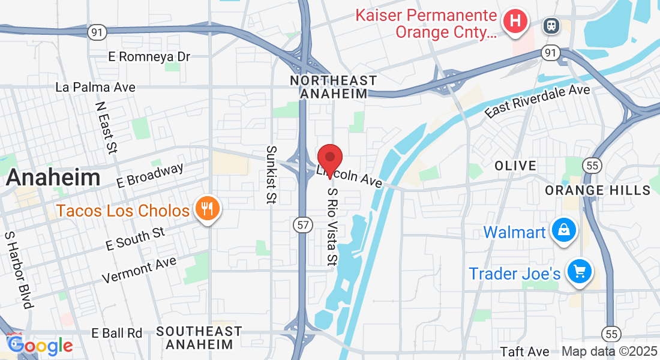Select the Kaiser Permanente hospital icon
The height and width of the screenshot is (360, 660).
[515, 22]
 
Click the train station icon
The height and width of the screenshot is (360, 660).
[550, 25]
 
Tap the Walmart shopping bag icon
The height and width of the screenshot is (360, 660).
[565, 230]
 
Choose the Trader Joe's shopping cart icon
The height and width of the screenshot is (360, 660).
[579, 272]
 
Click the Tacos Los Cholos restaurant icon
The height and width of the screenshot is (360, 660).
[208, 209]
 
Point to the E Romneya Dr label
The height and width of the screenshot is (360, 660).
[149, 56]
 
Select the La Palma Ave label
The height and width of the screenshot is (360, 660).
[95, 87]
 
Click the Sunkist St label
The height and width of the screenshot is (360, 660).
[271, 174]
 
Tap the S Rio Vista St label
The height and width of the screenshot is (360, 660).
[332, 226]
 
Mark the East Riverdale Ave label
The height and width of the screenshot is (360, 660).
[538, 101]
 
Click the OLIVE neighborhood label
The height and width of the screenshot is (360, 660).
[515, 165]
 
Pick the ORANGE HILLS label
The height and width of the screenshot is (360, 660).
[598, 190]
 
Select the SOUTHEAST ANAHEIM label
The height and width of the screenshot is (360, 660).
[199, 338]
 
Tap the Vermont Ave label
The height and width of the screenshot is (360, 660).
[139, 270]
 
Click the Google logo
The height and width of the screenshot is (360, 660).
[40, 345]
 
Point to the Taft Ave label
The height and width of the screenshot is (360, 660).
[524, 352]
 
